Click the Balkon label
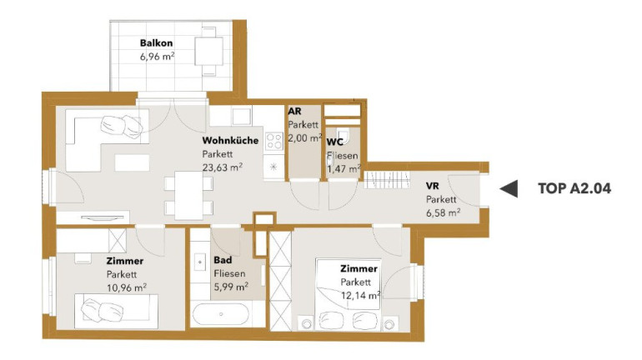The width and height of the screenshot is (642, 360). click(x=157, y=43)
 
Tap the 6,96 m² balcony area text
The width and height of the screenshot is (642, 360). click(x=158, y=57)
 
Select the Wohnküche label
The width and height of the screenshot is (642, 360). click(x=230, y=140)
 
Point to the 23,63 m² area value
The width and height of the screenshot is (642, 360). click(x=223, y=167)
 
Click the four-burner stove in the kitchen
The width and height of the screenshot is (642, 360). click(x=273, y=141)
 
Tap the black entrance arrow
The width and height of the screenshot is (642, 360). click(x=509, y=188)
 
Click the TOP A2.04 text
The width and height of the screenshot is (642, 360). click(x=574, y=188)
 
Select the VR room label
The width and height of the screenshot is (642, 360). click(x=433, y=186)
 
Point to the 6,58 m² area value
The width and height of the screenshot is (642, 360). click(x=444, y=212)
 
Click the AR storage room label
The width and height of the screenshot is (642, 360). click(x=295, y=112)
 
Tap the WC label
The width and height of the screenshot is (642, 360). click(x=335, y=142)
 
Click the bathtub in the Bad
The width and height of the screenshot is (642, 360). click(x=221, y=314)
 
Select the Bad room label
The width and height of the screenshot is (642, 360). click(x=223, y=260)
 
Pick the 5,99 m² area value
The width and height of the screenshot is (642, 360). click(x=231, y=287)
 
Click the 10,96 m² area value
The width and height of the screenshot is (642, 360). click(x=127, y=287)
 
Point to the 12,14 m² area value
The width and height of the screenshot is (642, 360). click(x=361, y=295)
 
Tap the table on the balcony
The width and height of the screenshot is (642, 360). click(x=208, y=51)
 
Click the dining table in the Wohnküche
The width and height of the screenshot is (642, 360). click(x=188, y=195)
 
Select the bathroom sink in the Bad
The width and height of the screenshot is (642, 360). click(x=200, y=262)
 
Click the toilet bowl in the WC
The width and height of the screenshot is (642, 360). click(x=344, y=135)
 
